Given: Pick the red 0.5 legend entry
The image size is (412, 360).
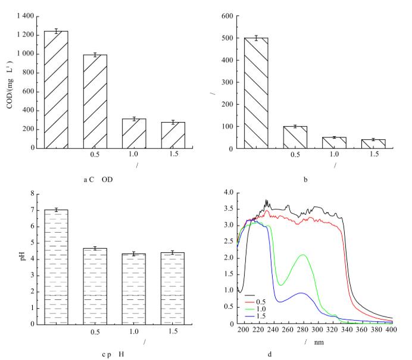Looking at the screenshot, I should coord(260,303).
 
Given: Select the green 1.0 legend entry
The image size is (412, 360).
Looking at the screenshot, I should coord(260,309).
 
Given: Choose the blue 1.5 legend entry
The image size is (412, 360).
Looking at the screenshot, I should coord(260,316).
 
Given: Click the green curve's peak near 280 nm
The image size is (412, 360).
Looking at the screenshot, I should coord(304,255).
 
